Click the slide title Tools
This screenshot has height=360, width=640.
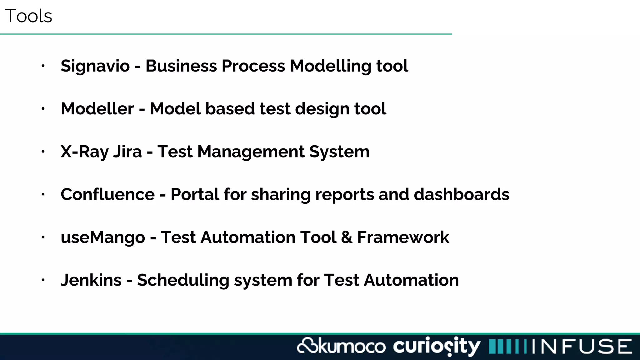click(28, 16)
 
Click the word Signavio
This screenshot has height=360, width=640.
click(95, 66)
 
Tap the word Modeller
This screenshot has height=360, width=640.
click(97, 109)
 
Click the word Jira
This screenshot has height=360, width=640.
click(127, 152)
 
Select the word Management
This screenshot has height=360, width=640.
click(251, 152)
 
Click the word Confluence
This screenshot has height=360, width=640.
click(107, 194)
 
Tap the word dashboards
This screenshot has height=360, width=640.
click(461, 194)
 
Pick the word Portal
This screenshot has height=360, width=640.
click(195, 194)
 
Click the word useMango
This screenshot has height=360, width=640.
click(103, 237)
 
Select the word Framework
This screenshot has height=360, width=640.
click(403, 237)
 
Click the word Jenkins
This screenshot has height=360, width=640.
click(91, 280)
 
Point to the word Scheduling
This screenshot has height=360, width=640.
click(183, 280)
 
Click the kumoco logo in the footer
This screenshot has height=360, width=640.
click(341, 346)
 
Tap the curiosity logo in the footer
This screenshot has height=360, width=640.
click(436, 346)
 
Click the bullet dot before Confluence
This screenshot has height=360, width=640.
click(43, 194)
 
